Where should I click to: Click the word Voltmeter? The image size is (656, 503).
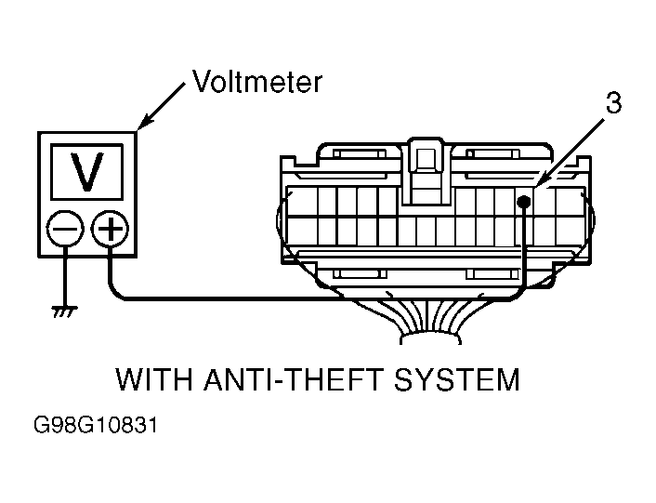point(256,81)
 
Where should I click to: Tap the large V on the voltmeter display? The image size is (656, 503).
point(86,172)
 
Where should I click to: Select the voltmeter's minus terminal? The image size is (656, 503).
point(65,229)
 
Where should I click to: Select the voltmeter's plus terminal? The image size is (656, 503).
point(110,228)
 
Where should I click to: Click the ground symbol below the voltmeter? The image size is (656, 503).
point(65,311)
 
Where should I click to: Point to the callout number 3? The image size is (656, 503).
point(613,103)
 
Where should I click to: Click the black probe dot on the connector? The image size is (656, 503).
point(524,203)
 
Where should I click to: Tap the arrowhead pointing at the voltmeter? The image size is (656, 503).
point(144,122)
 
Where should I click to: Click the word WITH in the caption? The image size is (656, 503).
point(154,379)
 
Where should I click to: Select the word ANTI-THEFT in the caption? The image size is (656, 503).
point(293,379)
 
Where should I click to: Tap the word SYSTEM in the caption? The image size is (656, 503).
point(456,379)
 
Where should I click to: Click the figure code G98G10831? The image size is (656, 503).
point(96,425)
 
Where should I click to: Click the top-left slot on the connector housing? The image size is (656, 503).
point(360,153)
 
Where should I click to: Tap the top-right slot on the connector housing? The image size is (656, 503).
point(493,153)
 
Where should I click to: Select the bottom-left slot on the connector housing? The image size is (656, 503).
point(360,274)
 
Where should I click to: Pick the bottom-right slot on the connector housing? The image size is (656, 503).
point(493,274)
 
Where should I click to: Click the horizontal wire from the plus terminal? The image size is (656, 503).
point(230,298)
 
